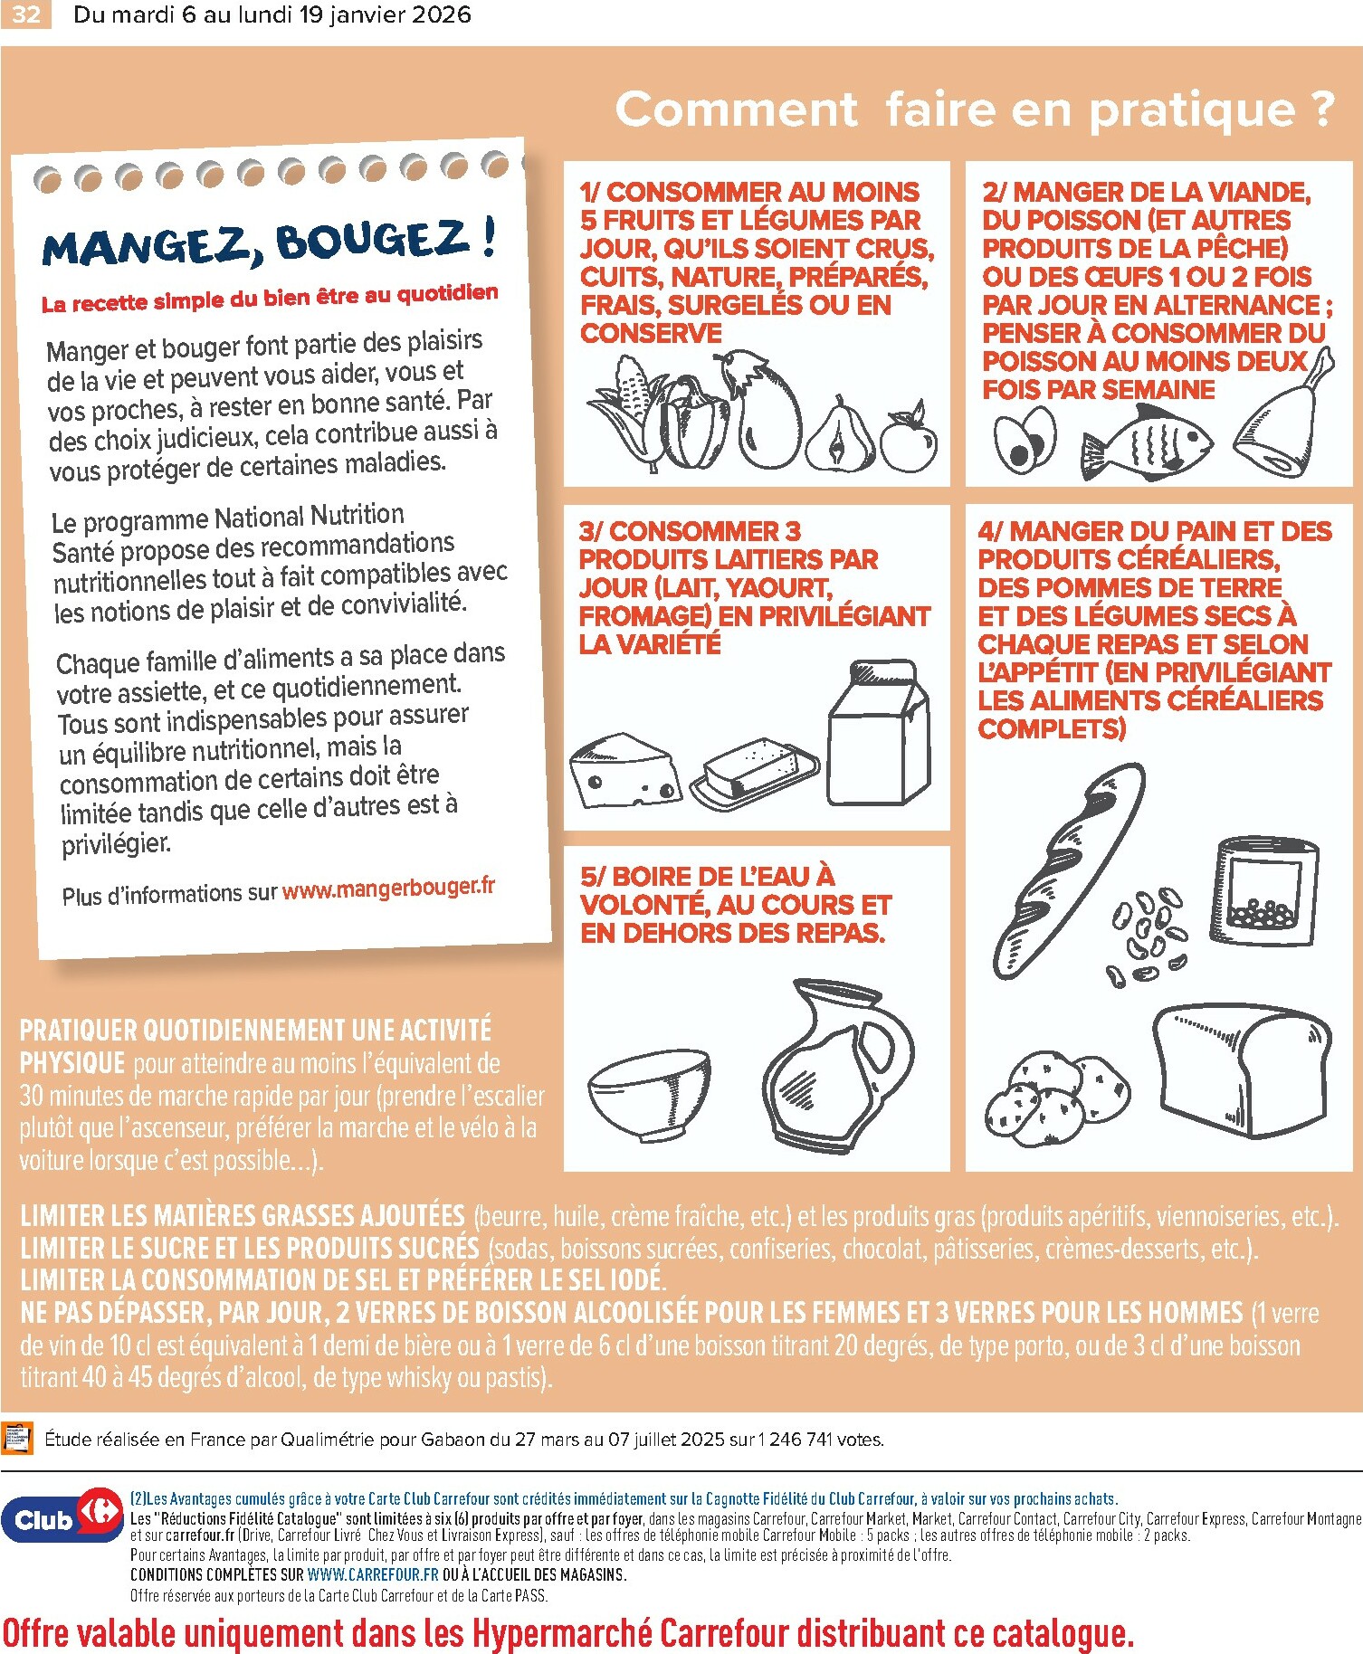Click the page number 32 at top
pyautogui.click(x=25, y=14)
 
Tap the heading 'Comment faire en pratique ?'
pyautogui.click(x=974, y=109)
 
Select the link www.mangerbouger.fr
pyautogui.click(x=388, y=889)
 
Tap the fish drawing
pyautogui.click(x=1146, y=442)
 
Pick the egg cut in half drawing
pyautogui.click(x=1025, y=440)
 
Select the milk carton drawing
pyautogui.click(x=879, y=735)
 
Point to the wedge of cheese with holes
pyautogui.click(x=624, y=770)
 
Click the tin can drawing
pyautogui.click(x=1265, y=890)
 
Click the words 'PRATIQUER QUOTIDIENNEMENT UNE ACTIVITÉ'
pyautogui.click(x=255, y=1031)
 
